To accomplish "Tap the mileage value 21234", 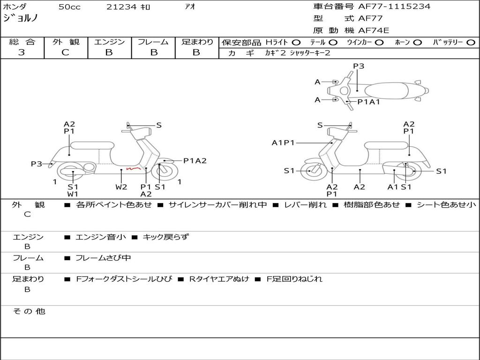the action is (x=122, y=7).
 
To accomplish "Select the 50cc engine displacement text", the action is (x=69, y=7).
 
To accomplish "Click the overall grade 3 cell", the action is (x=22, y=52).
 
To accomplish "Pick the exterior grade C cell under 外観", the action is (x=66, y=52).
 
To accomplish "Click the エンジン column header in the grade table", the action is (x=109, y=42).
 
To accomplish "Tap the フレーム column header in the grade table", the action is (x=153, y=42).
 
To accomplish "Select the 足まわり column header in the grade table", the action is (x=197, y=42).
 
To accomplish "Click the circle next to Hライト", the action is (x=296, y=43).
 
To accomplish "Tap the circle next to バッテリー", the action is (x=471, y=43).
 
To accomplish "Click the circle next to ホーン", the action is (x=417, y=43).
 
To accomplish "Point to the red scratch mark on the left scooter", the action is (x=133, y=167).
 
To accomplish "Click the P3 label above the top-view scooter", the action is (x=359, y=66).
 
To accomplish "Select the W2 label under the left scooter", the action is (x=121, y=187).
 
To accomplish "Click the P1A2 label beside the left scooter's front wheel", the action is (x=195, y=161).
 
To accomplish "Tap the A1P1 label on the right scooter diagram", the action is (x=283, y=142).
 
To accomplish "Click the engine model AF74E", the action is (x=374, y=30).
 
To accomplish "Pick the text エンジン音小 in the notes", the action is (x=101, y=237).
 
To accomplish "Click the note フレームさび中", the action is (x=103, y=258).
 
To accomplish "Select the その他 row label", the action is (x=29, y=311).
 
